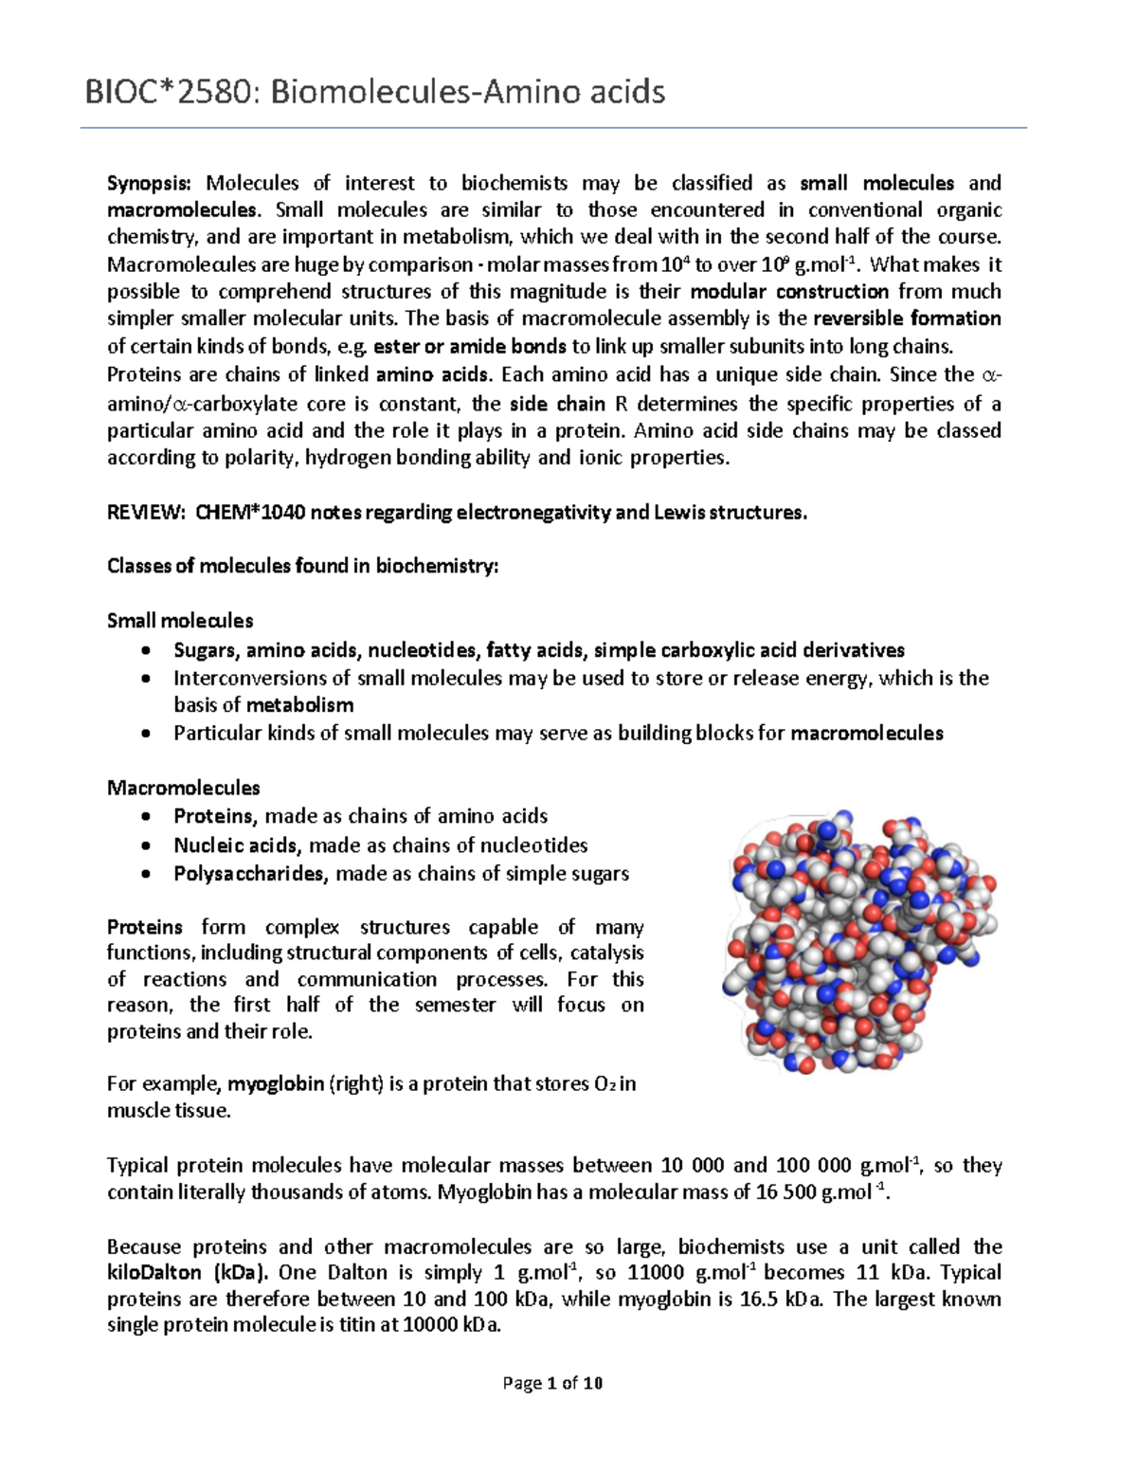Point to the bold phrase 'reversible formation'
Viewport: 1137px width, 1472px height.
tap(907, 318)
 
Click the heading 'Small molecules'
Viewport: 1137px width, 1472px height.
tap(180, 621)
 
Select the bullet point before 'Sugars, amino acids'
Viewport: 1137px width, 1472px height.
tap(145, 651)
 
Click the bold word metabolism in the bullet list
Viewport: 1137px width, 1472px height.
tap(299, 705)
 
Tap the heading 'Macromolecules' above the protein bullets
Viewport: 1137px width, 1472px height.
tap(183, 788)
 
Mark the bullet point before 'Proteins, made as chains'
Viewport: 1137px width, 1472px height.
tap(145, 817)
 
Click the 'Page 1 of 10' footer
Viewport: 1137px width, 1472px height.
tap(552, 1383)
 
